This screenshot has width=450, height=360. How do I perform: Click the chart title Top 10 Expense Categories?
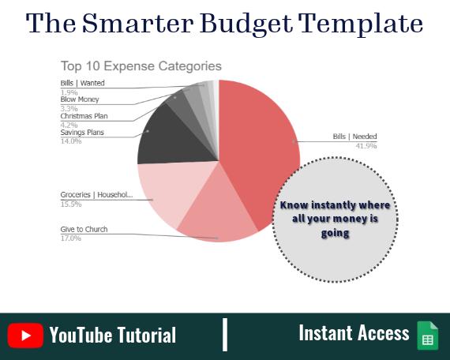point(141,66)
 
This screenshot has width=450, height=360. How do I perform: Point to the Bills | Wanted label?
point(82,83)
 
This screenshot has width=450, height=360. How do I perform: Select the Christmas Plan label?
point(84,116)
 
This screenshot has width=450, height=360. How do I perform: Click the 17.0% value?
point(72,238)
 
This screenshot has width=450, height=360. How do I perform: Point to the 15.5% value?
point(72,204)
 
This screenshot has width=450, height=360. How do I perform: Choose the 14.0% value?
point(72,141)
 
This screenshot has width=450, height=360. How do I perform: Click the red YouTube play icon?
point(26,335)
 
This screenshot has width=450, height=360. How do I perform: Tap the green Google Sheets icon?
point(427,336)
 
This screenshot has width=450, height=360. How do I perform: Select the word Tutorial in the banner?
point(144,335)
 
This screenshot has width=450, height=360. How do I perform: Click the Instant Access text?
point(354,333)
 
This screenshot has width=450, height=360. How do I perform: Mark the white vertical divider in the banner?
point(225,335)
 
